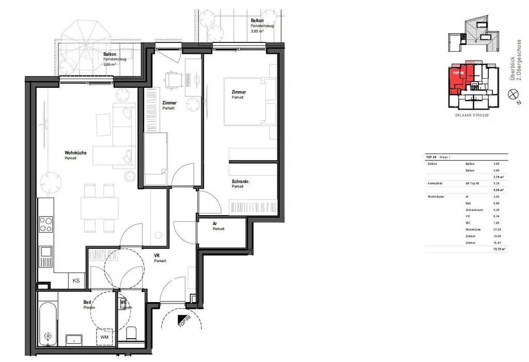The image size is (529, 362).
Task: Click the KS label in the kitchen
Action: [x=76, y=281]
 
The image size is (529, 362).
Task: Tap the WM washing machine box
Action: [x=105, y=338]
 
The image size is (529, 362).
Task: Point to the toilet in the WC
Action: [x=131, y=334]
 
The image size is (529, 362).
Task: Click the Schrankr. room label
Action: [x=241, y=182]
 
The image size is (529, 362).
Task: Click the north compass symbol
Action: [x=513, y=94]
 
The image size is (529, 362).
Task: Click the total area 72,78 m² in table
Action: [x=499, y=249]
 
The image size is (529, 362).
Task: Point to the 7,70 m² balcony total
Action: [x=499, y=176]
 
